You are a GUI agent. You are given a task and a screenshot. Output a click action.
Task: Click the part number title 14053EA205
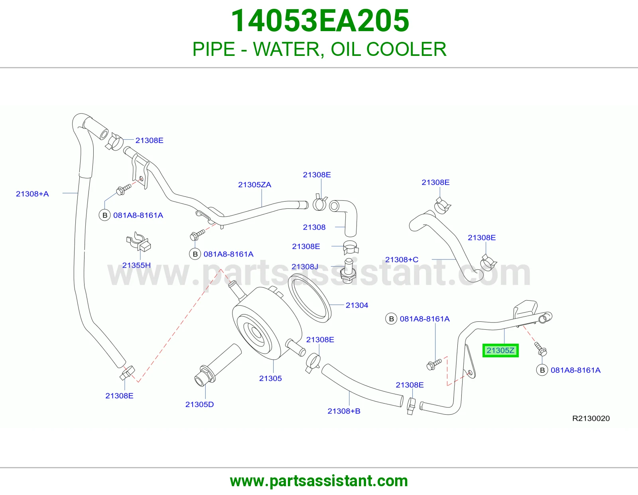[x=320, y=21]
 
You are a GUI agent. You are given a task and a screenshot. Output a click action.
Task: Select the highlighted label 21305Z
[x=500, y=350]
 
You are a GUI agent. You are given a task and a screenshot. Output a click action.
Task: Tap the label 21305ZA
[x=254, y=184]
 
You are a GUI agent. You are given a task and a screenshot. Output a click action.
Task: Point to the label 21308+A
[x=32, y=194]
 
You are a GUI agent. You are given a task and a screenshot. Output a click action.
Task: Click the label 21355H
[x=136, y=265]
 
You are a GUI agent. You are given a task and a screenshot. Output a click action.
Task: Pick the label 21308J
[x=305, y=267]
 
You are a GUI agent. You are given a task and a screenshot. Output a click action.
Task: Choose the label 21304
[x=357, y=305]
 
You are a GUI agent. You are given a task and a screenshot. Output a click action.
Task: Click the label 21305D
[x=199, y=404]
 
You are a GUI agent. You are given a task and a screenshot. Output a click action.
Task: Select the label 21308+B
[x=344, y=411]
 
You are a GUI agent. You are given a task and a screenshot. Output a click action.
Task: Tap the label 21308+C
[x=402, y=259]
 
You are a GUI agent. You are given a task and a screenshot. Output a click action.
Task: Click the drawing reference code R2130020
[x=591, y=418]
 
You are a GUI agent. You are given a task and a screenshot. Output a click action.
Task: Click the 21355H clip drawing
[x=138, y=242]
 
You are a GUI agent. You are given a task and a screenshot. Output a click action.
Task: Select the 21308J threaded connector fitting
[x=348, y=271]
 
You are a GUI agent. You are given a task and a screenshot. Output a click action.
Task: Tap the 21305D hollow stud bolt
[x=218, y=365]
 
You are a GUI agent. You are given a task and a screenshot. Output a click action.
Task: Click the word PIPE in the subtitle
[x=214, y=49]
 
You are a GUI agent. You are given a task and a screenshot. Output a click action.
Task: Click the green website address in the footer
[x=319, y=481]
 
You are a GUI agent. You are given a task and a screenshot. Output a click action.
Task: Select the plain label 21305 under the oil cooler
[x=270, y=378]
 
